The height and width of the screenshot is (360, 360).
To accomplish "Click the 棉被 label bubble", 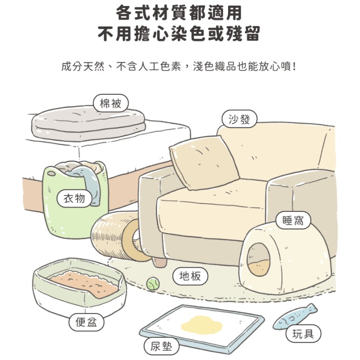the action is [x=111, y=103].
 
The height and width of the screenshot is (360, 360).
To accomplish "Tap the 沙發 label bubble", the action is [x=239, y=119].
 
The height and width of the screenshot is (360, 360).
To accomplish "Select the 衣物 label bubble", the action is [x=74, y=198].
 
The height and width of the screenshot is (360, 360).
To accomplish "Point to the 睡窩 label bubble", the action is [x=293, y=220].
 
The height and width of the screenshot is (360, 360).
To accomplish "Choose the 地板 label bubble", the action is [x=190, y=276].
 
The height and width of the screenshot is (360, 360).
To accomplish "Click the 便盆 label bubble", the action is [x=86, y=322].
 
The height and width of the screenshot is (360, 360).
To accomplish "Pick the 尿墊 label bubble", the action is [x=161, y=346].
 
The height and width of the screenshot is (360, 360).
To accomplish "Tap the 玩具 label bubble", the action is [x=303, y=334].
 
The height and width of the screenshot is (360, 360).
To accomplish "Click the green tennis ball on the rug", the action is [x=152, y=283].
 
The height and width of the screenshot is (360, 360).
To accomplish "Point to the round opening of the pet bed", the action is [x=259, y=259].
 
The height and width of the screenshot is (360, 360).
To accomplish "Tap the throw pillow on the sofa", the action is [x=204, y=163].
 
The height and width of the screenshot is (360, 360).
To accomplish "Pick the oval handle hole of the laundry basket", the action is [x=51, y=174].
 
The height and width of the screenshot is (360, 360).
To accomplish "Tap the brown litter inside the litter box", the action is [x=85, y=284].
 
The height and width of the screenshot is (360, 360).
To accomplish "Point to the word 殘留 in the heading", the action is [x=243, y=33].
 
